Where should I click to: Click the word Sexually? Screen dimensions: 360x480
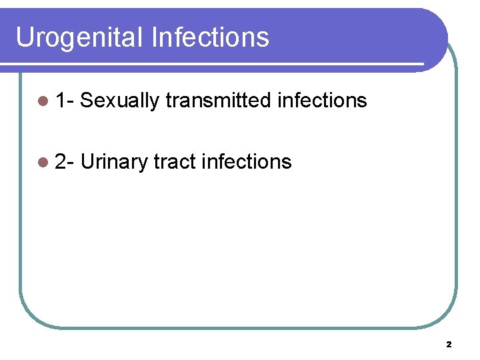click(120, 101)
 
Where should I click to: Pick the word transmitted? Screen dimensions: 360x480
click(218, 101)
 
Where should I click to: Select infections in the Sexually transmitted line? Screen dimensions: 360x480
click(322, 101)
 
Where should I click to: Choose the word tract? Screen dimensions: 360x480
click(174, 161)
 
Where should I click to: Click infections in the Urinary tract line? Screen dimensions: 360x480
click(247, 161)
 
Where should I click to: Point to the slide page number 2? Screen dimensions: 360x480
click(449, 345)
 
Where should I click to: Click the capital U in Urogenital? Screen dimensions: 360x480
click(24, 37)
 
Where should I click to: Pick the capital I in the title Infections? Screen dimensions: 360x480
click(155, 37)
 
